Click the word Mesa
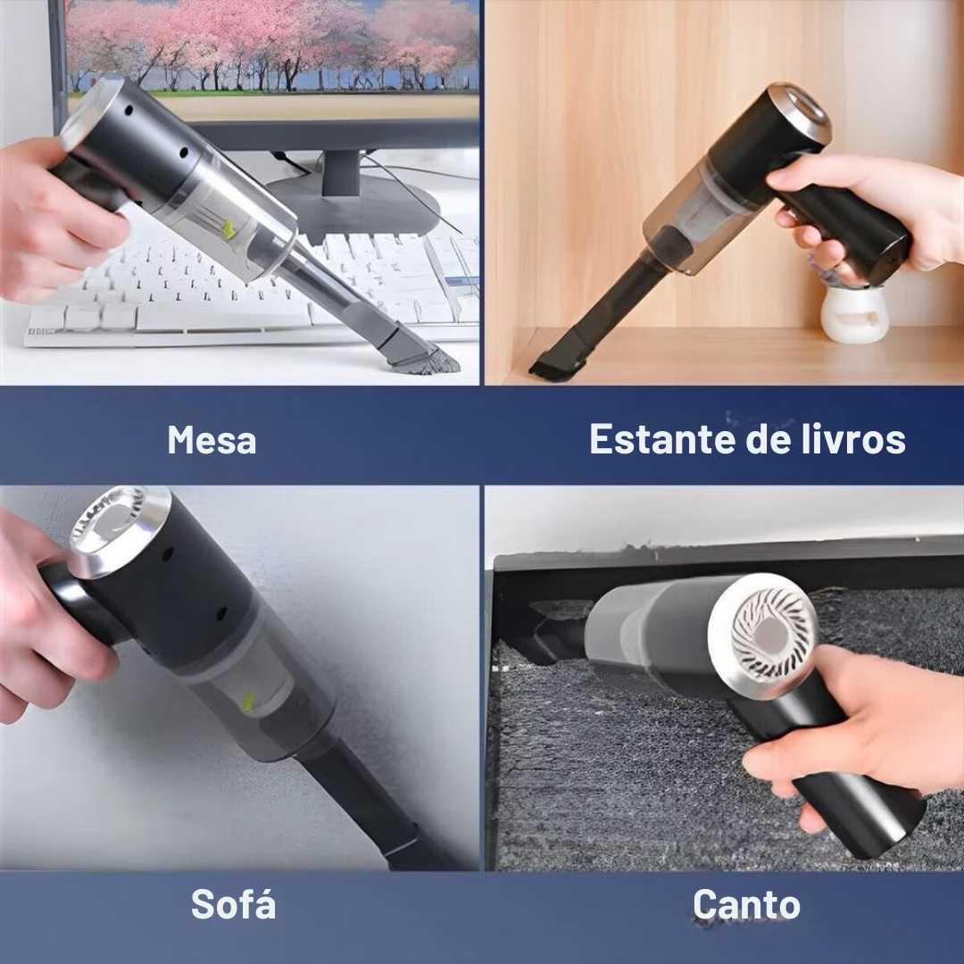tap(212, 439)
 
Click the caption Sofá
tap(233, 903)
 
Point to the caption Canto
tap(746, 904)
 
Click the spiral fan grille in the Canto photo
tap(767, 633)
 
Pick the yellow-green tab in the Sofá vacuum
tap(249, 702)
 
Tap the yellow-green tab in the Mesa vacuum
tap(229, 229)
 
